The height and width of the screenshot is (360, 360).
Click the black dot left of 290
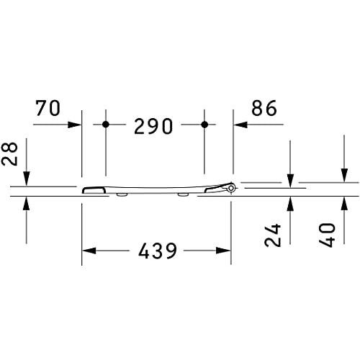pos(105,125)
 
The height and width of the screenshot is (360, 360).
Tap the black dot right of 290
pos(204,125)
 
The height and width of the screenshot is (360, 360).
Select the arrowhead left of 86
pos(238,125)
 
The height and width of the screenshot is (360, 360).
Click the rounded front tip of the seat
pos(85,190)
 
